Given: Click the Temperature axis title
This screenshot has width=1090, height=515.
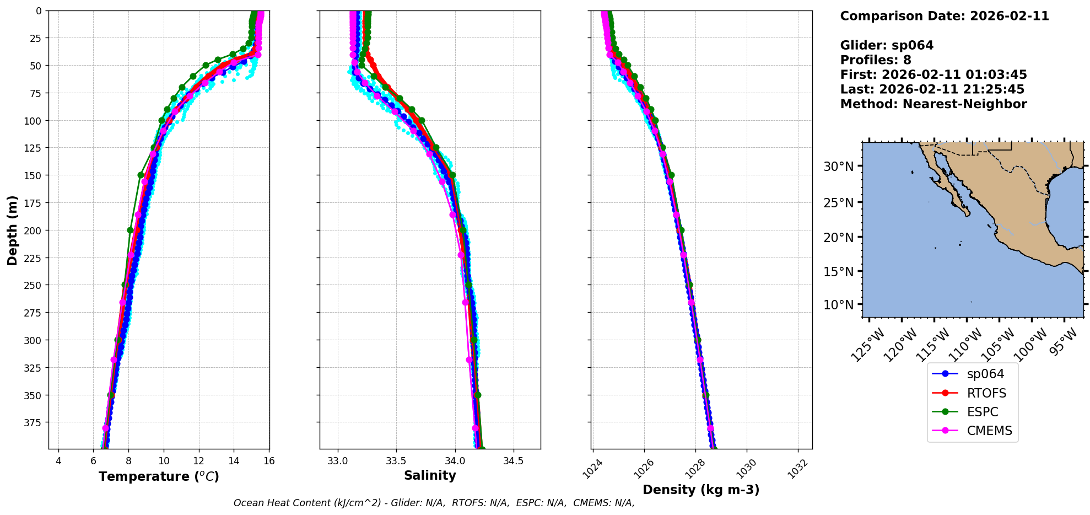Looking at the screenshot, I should tap(159, 476).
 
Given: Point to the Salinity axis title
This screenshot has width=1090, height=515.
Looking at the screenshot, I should tap(430, 475).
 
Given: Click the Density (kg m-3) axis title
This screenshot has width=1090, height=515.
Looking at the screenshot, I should tap(701, 490).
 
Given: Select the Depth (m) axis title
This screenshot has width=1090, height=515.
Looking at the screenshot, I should tap(12, 230).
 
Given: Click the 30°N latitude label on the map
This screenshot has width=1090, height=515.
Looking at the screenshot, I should tap(838, 167).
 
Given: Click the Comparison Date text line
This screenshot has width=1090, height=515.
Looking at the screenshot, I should tap(944, 16).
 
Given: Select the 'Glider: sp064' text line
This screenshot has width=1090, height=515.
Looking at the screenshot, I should tap(886, 45).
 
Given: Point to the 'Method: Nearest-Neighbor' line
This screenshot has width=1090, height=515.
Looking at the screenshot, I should tap(933, 104).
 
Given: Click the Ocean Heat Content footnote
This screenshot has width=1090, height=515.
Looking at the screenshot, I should tap(434, 503).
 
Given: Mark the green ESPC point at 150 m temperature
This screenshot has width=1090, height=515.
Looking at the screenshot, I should tap(141, 175).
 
